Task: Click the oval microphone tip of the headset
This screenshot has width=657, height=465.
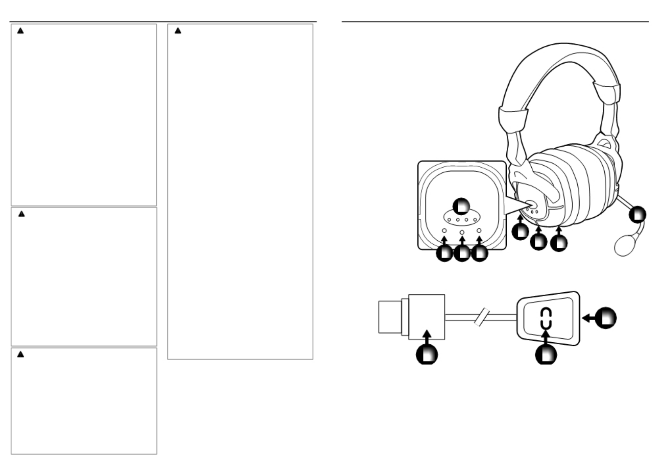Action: [625, 246]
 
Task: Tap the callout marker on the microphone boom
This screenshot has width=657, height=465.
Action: [638, 214]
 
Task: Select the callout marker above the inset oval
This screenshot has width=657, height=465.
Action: [461, 206]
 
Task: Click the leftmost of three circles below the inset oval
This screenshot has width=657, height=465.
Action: [444, 231]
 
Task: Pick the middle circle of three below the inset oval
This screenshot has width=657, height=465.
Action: [462, 233]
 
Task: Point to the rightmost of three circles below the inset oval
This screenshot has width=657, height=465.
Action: [479, 231]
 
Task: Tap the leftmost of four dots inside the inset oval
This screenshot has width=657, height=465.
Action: [449, 220]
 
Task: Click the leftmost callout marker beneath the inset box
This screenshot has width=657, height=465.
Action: [444, 254]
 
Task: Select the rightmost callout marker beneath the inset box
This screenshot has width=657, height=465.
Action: [480, 254]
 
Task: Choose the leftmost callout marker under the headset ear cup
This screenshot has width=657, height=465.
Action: [520, 232]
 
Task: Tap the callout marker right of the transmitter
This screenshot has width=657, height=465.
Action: [606, 318]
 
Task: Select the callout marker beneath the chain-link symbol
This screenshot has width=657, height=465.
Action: [546, 355]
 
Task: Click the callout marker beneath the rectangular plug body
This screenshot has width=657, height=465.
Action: [427, 355]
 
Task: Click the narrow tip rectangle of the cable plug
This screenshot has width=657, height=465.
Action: [390, 317]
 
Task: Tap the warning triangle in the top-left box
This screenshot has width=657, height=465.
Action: [20, 31]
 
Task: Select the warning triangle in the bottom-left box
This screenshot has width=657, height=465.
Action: [21, 354]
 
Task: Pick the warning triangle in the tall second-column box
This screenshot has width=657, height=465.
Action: [178, 30]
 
